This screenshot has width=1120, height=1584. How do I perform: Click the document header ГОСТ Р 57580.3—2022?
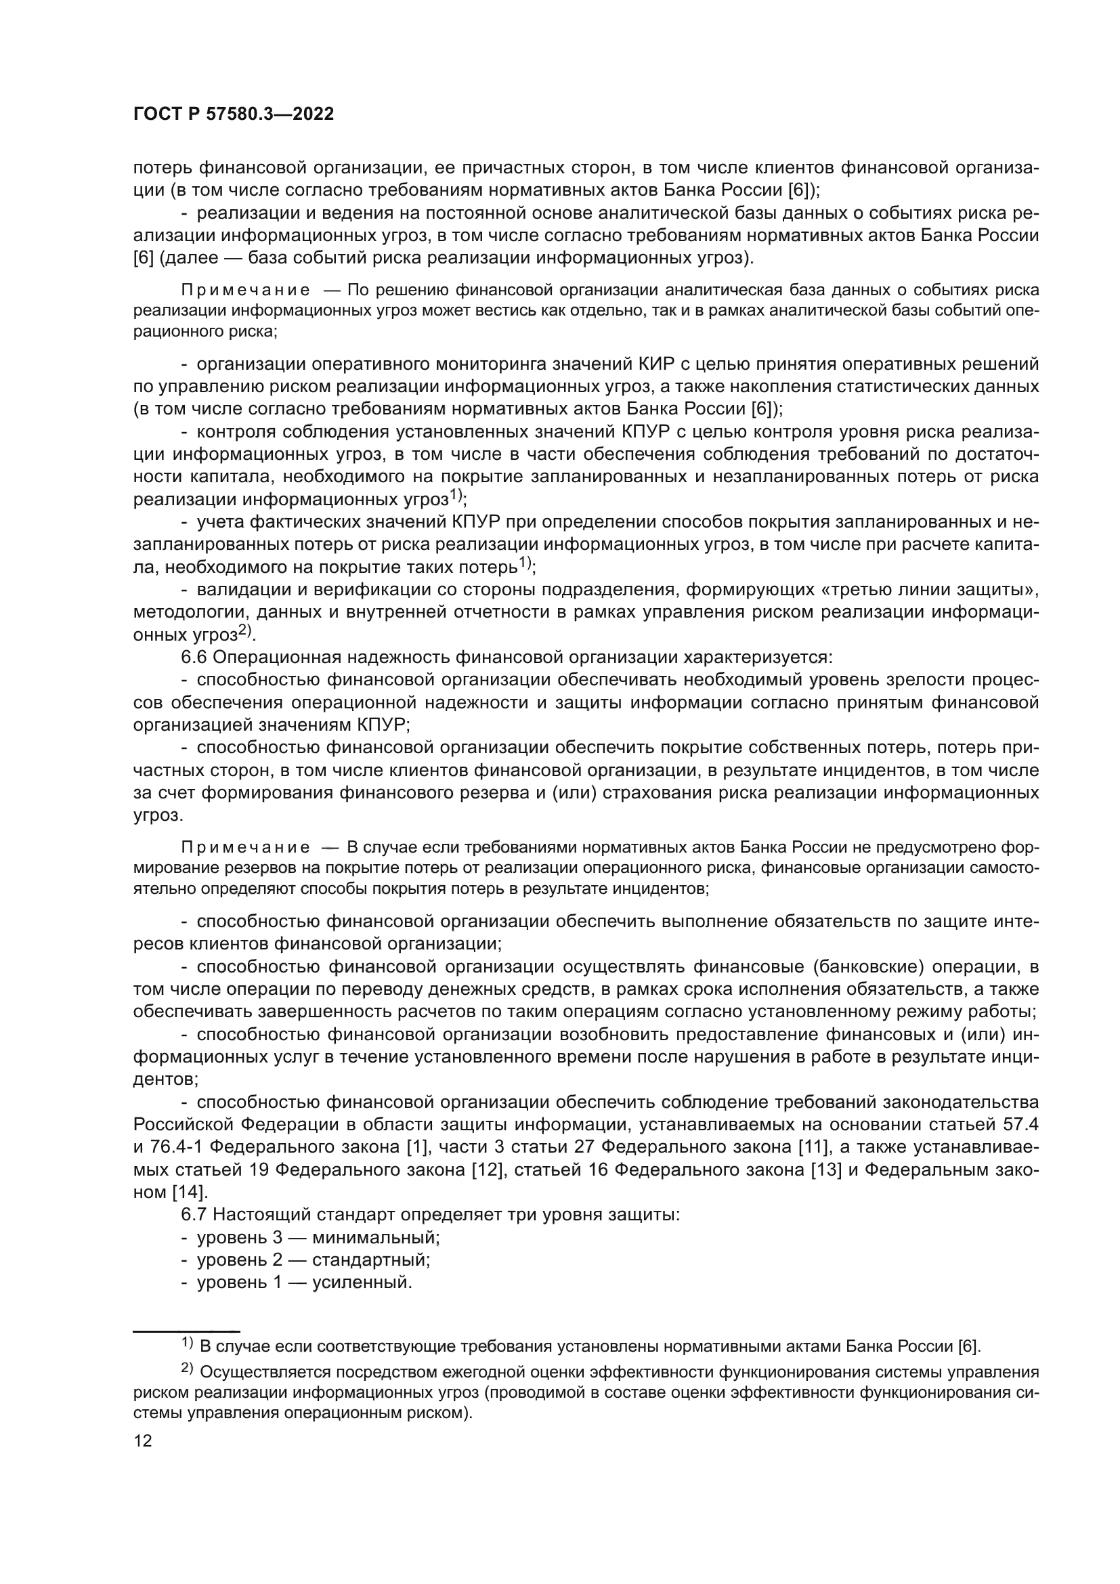[233, 114]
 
